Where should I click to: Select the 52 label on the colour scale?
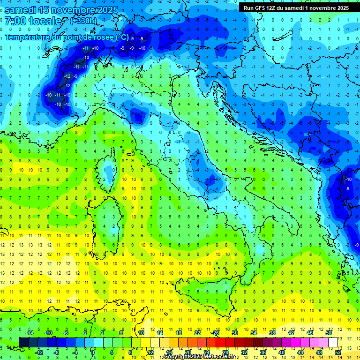coord(338,352)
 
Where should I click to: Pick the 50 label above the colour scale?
coord(329,333)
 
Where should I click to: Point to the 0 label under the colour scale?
coord(93,352)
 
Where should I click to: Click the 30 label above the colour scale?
coord(234,333)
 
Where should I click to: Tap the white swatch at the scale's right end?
coord(333,342)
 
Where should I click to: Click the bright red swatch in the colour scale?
coord(220,342)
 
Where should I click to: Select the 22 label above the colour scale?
coord(197,333)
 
